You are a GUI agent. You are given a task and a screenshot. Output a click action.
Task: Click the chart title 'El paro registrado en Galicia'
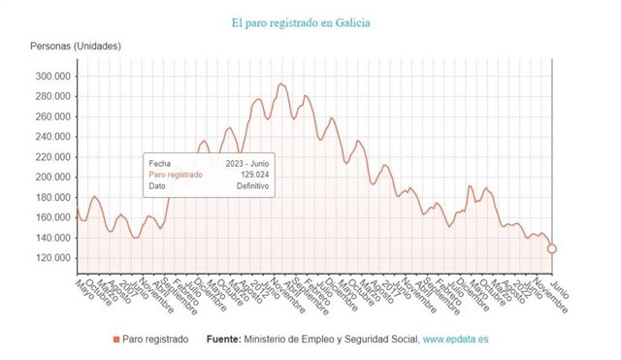tap(300, 21)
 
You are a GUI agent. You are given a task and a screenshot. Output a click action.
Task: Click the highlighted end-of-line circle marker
tap(552, 248)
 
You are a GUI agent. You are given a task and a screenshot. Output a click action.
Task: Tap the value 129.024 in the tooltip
tap(247, 175)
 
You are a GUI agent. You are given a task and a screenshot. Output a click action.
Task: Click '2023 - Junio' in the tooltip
tap(244, 164)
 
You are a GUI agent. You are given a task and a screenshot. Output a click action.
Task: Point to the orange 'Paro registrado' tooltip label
tap(175, 175)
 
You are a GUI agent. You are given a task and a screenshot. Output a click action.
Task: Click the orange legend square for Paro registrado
tap(116, 340)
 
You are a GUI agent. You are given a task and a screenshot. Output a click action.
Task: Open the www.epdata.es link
tap(456, 340)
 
